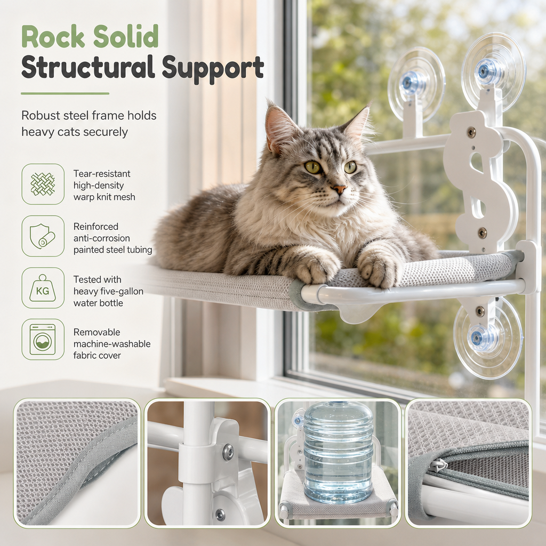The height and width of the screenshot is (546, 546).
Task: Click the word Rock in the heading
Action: point(53,36)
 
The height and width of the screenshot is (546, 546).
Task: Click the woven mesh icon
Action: point(43,184)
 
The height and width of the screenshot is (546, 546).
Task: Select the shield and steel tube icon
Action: point(43,236)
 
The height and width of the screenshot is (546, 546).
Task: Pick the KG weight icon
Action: point(43,288)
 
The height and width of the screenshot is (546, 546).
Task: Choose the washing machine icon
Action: point(43,340)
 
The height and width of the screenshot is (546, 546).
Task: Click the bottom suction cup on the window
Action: point(487,337)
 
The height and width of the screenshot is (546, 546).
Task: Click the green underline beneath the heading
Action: point(65,94)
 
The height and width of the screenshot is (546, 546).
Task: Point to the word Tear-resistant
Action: point(102,174)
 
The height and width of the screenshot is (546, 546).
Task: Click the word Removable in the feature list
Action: point(97,332)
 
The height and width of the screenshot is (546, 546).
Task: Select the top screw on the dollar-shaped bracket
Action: point(471,132)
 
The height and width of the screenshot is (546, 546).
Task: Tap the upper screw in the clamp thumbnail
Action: point(228,451)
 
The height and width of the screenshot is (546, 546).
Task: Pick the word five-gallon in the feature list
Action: point(122,291)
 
